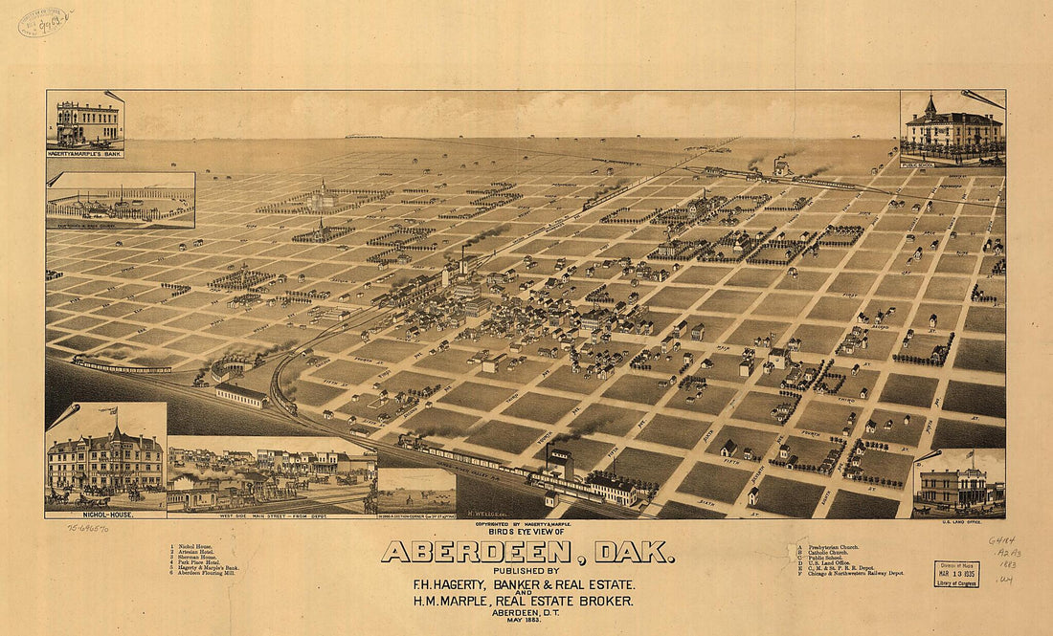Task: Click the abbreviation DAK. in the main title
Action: pos(635,553)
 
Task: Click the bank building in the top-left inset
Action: pos(87,123)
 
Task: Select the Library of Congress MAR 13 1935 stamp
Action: pos(956,573)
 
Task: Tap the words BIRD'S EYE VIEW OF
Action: pos(526,531)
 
